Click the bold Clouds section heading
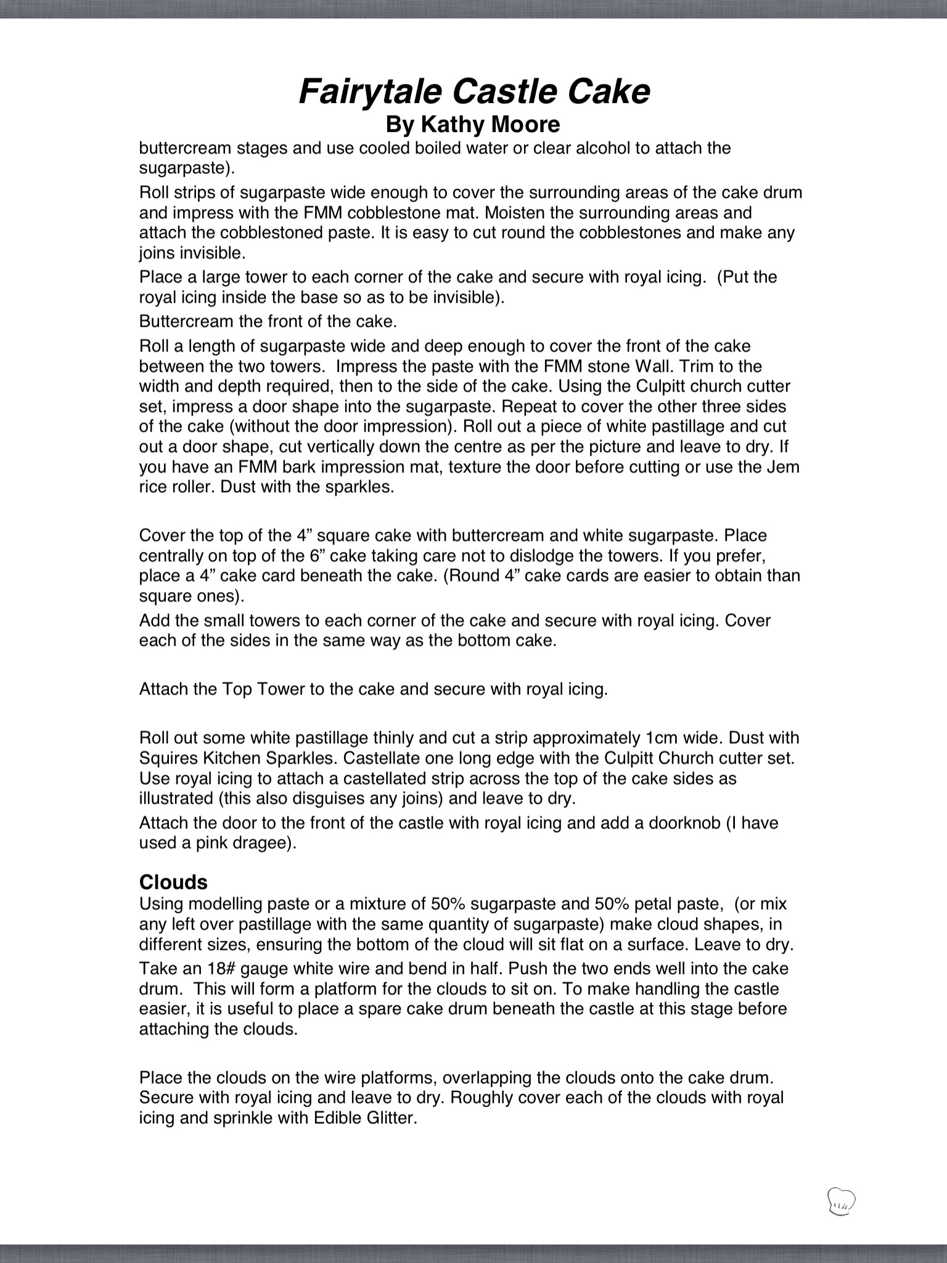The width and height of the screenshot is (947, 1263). coord(173,882)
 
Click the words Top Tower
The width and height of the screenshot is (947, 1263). coord(264,689)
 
